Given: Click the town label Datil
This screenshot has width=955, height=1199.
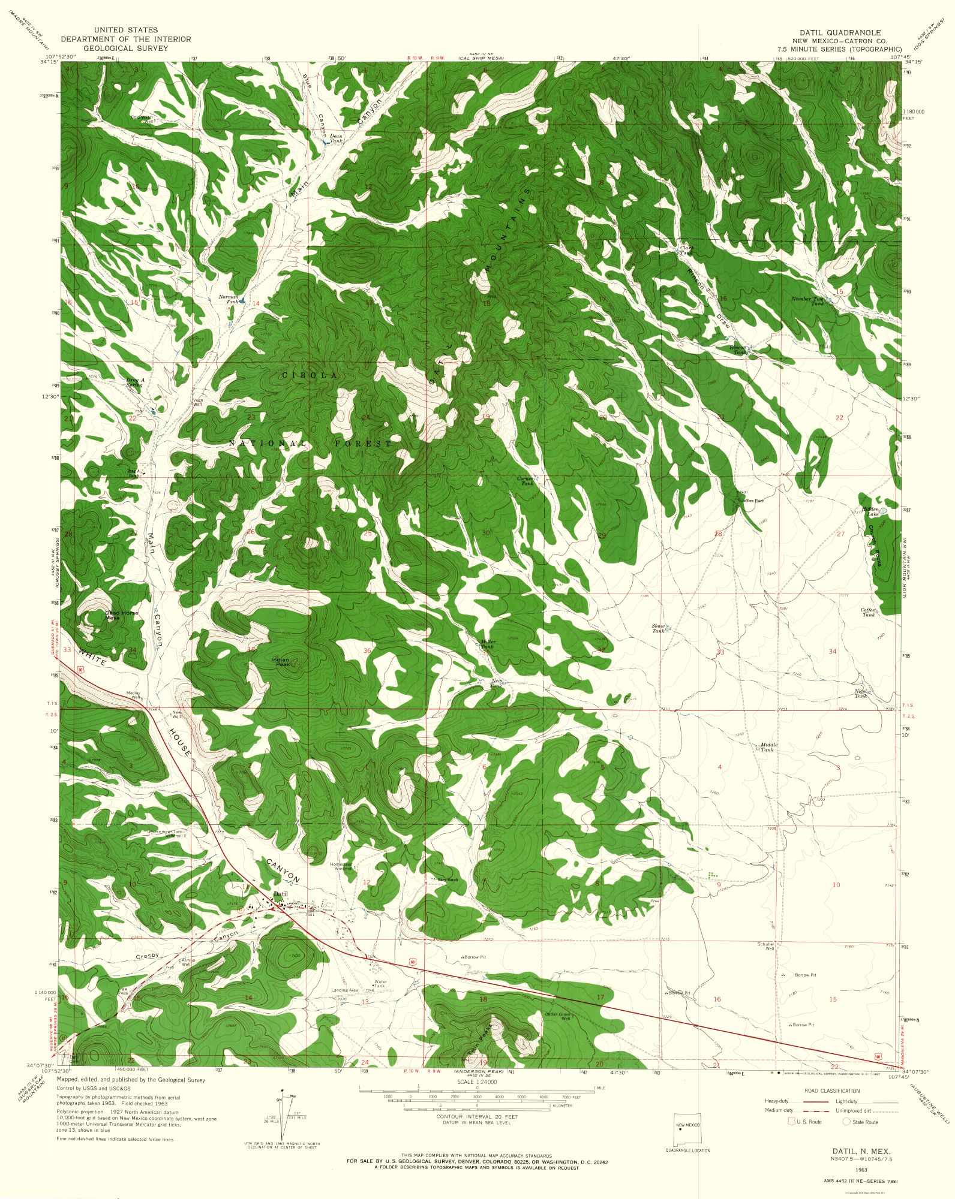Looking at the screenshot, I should [x=280, y=894].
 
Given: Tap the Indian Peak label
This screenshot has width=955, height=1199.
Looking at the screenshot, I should [x=283, y=662].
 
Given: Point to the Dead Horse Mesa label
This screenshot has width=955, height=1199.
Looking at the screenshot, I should [x=122, y=615].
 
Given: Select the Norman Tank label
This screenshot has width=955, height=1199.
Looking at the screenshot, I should [x=229, y=299].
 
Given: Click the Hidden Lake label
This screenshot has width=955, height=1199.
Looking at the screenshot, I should [x=870, y=511].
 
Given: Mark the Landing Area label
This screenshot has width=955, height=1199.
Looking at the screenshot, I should [x=344, y=990].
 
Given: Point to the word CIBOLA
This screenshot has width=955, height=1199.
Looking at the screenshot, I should [x=310, y=375].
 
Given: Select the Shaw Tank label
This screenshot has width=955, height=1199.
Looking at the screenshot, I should [x=659, y=628].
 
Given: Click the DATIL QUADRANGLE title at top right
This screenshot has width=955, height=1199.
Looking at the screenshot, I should [x=839, y=33].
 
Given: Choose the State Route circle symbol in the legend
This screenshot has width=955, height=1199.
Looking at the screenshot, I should [x=847, y=1122].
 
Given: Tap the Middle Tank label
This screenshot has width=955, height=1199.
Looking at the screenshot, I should [x=768, y=747].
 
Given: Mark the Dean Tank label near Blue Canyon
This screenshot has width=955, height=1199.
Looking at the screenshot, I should [x=336, y=138].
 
